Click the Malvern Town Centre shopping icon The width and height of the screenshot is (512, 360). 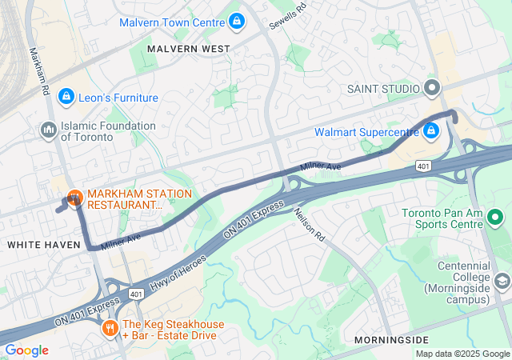point(236,22)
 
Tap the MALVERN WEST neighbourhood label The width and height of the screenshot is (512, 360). point(189,49)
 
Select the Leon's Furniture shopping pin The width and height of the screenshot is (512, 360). point(66,97)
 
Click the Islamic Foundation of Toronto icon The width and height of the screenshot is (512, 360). point(48,129)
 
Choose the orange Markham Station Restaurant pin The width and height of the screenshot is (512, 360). point(74,197)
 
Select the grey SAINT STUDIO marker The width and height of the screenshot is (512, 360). point(433,88)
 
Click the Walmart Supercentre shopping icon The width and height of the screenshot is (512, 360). point(430,130)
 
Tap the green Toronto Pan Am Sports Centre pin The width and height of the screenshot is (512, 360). point(494,217)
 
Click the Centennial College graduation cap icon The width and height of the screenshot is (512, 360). point(502,281)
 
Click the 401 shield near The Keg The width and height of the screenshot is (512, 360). point(135,294)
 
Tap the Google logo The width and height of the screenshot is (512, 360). point(26,350)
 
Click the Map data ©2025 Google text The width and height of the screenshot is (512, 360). point(462,354)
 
